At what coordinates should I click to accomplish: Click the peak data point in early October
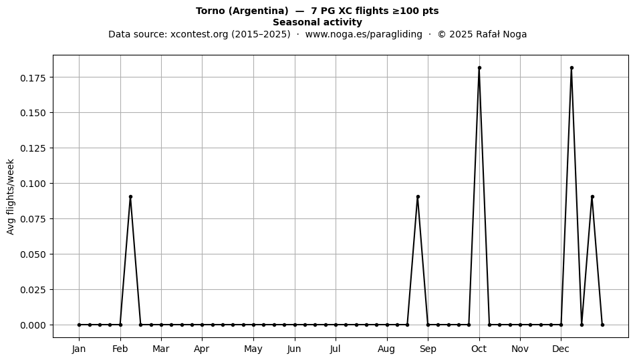tap(479, 67)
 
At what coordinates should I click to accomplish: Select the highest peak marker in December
tap(571, 67)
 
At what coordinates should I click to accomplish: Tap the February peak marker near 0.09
tap(130, 196)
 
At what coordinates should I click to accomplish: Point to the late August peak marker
tap(418, 196)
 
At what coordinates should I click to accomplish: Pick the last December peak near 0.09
tap(592, 196)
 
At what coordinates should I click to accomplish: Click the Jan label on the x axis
tap(79, 349)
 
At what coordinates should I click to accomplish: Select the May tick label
tap(253, 349)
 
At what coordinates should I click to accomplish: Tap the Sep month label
tap(428, 349)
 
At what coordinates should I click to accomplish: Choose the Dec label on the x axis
tap(561, 349)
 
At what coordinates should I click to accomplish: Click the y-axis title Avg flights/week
tap(11, 196)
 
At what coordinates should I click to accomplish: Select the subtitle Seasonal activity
tap(317, 22)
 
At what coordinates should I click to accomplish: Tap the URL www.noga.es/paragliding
tap(364, 34)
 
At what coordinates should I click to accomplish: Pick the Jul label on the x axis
tap(335, 349)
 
